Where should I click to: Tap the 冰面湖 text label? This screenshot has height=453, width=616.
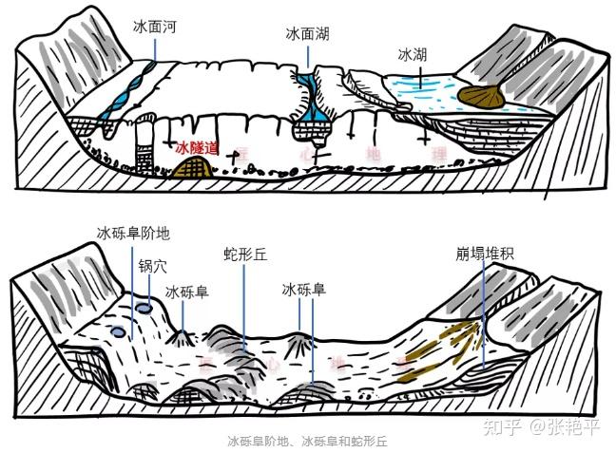pos(308,33)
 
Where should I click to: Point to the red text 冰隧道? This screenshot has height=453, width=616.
pos(197,148)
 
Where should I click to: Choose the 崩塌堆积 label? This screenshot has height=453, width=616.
pos(486,256)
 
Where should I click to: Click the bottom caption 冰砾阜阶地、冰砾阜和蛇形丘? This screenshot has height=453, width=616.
pos(307,442)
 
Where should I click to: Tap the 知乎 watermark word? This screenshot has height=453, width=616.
pos(503,426)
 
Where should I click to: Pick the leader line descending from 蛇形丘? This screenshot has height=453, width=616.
pos(243,304)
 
